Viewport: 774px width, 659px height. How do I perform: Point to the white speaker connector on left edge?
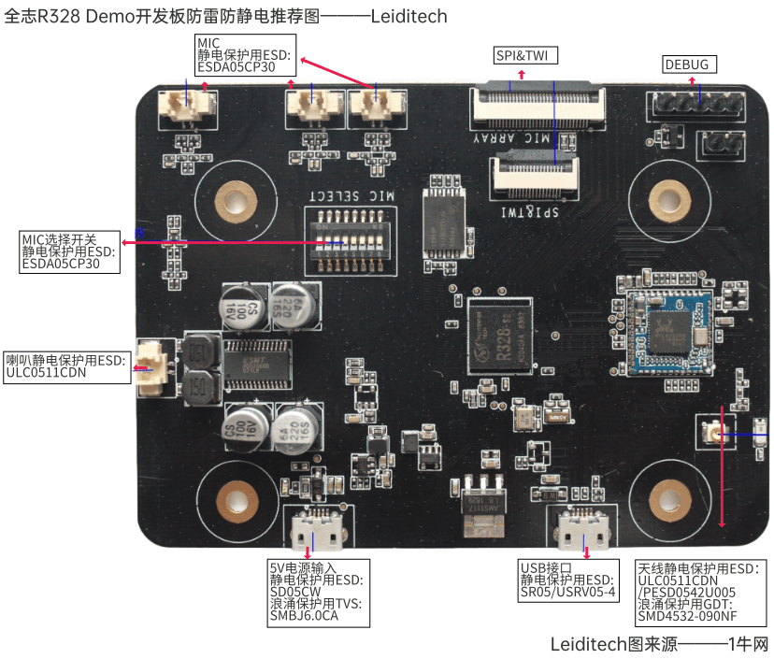coord(153,366)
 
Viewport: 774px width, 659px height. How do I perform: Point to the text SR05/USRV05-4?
coord(568,592)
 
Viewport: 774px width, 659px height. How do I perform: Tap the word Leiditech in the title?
coord(406,17)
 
